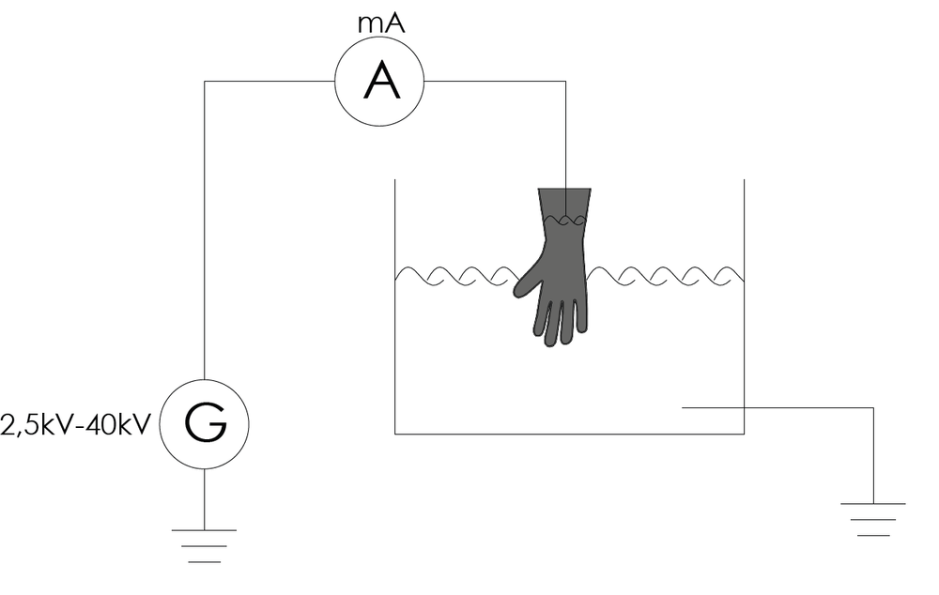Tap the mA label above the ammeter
click(381, 23)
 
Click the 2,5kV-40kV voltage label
click(75, 425)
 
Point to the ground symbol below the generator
click(204, 546)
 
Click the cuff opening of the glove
click(564, 190)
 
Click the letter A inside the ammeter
click(381, 82)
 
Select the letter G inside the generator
click(206, 422)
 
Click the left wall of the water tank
click(394, 306)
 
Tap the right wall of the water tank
click(744, 306)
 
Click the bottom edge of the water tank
click(570, 434)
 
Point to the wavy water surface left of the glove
click(457, 276)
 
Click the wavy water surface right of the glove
click(665, 276)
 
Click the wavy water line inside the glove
click(563, 221)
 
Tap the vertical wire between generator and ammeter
click(204, 230)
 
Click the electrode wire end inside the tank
click(684, 407)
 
